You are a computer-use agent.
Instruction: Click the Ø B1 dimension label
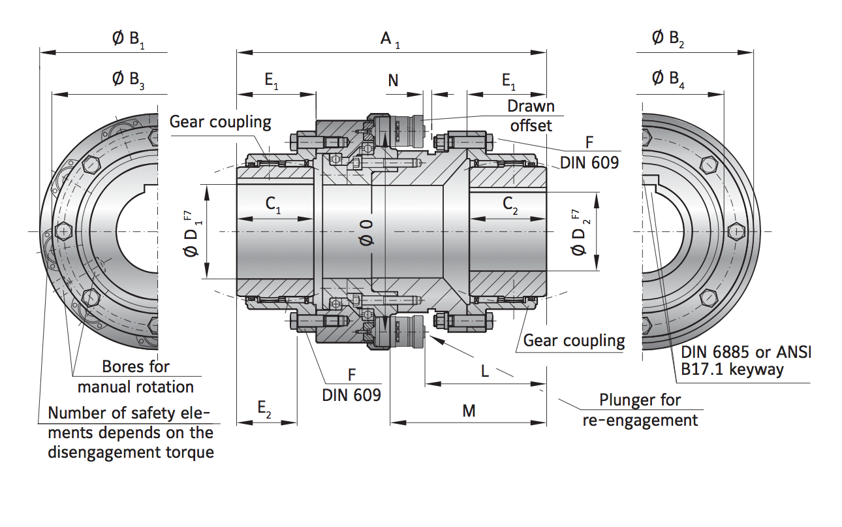click(128, 40)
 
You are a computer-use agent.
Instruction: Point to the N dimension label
click(393, 80)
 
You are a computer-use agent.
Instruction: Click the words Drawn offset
click(530, 115)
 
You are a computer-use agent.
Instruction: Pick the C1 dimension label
click(273, 204)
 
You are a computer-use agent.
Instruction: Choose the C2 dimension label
click(510, 204)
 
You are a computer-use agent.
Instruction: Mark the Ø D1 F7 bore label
click(193, 232)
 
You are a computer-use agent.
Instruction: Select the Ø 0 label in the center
click(367, 232)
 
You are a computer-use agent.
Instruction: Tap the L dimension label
click(484, 371)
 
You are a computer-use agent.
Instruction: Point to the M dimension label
click(469, 411)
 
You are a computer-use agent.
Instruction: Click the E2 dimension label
click(264, 408)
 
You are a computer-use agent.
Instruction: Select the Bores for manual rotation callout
click(136, 376)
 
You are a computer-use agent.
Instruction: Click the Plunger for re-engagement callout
click(640, 409)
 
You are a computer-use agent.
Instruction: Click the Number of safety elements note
click(131, 432)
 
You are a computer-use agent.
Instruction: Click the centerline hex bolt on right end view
click(736, 231)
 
